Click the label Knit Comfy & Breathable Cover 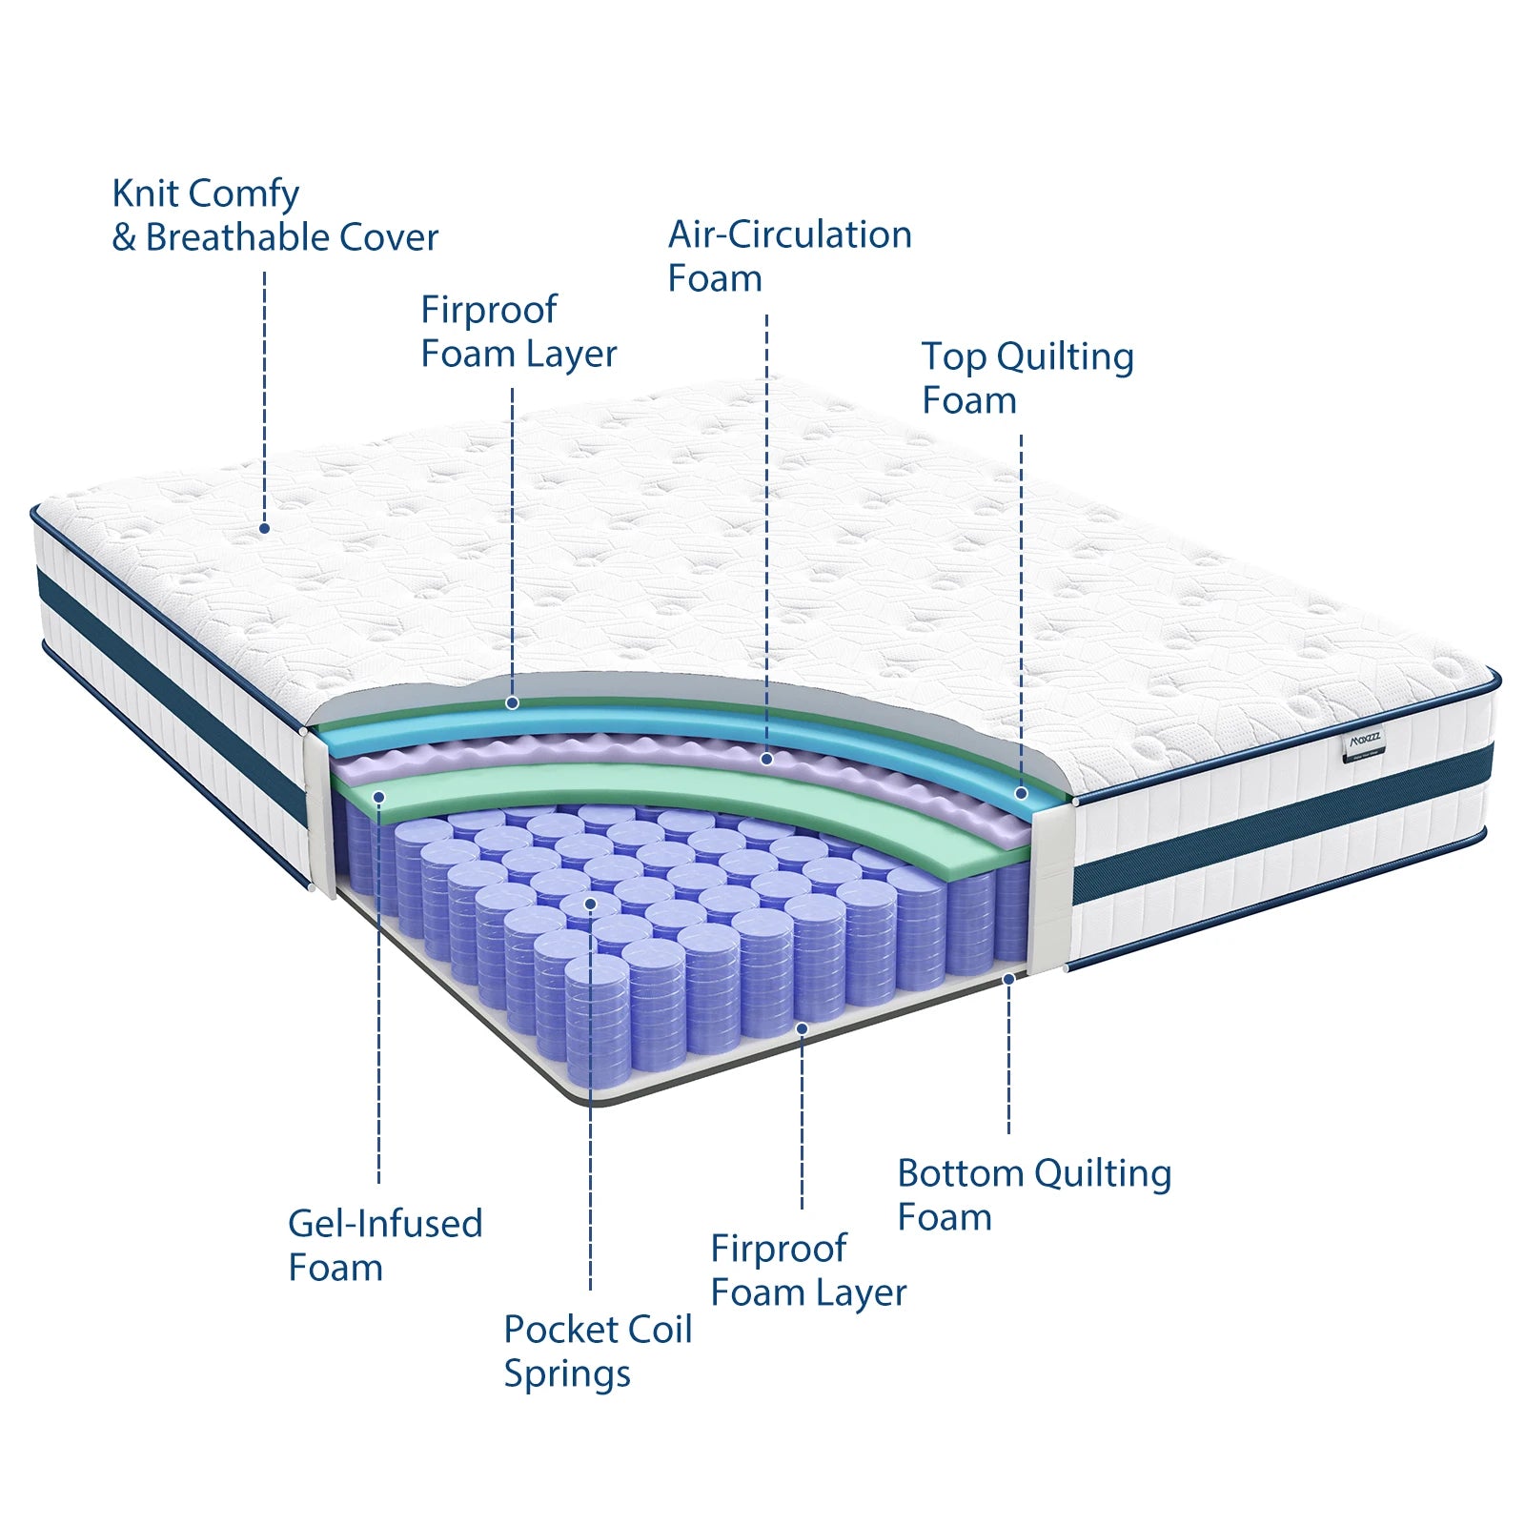(x=274, y=215)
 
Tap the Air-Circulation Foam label (x=789, y=256)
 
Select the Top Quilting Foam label (x=1027, y=378)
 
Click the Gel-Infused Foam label (x=385, y=1245)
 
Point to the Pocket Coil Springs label (x=598, y=1351)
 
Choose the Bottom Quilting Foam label (x=1033, y=1194)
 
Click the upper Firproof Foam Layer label (x=518, y=332)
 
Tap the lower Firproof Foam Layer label (x=808, y=1270)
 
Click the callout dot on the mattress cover (x=264, y=528)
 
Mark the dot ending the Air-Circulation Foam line (x=766, y=760)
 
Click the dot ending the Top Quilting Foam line (x=1021, y=793)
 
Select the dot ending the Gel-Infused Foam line (x=378, y=797)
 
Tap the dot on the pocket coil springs (x=590, y=904)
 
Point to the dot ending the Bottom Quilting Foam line (x=1008, y=979)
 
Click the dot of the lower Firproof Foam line (x=802, y=1028)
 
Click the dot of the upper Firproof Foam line (x=512, y=702)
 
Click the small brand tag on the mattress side (x=1365, y=742)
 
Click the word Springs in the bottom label (x=567, y=1373)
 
